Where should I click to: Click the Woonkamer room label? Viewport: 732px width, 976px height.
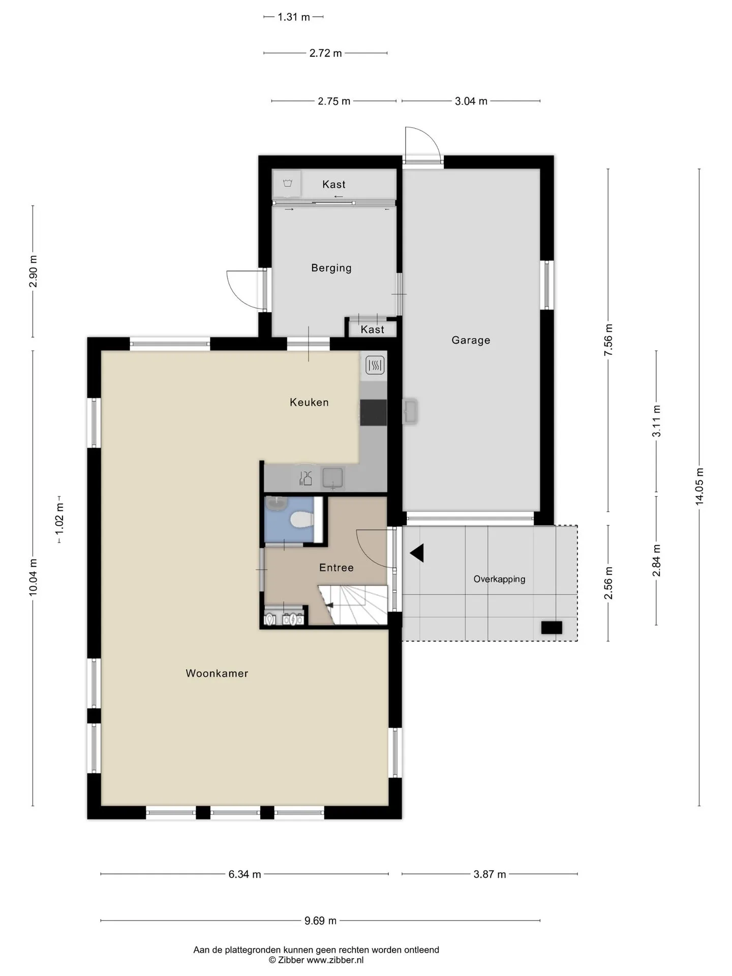point(217,673)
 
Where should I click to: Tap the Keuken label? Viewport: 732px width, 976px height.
point(309,402)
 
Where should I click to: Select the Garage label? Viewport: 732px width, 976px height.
point(471,340)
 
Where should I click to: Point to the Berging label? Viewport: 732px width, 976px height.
point(331,268)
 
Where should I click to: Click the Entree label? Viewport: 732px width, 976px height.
point(337,567)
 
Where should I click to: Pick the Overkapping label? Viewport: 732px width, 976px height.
point(499,579)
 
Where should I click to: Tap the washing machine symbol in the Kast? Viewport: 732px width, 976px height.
point(287,184)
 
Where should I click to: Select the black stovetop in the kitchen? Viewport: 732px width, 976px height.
point(374,412)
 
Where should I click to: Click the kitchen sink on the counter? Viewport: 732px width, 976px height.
point(333,478)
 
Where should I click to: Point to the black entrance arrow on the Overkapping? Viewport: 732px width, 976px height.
point(417,553)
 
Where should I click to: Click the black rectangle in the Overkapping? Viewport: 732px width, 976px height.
point(552,627)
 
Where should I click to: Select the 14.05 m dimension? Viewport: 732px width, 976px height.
point(699,486)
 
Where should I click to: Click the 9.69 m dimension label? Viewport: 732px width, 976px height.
point(321,921)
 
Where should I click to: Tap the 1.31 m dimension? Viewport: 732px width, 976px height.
point(294,17)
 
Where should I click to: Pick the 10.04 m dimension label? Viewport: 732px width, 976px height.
point(33,577)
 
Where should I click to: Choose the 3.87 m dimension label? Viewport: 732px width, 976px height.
point(490,874)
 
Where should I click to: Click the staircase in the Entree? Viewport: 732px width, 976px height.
point(353,604)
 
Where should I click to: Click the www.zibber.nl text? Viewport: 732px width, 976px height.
point(335,960)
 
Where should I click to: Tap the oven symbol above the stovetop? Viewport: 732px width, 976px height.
point(375,365)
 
